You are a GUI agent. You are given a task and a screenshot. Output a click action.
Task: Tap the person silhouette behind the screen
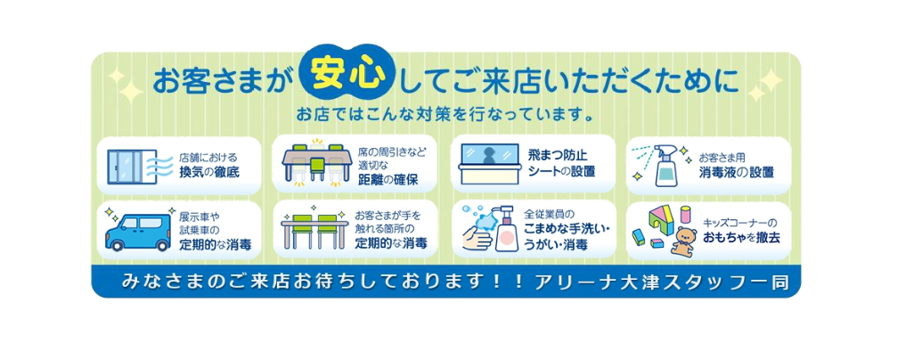pyautogui.click(x=488, y=155)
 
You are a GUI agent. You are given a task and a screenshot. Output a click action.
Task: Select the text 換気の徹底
pyautogui.click(x=209, y=173)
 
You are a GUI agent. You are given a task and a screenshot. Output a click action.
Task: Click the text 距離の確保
pyautogui.click(x=388, y=179)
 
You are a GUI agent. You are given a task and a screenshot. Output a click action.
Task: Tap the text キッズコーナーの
pyautogui.click(x=740, y=223)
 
